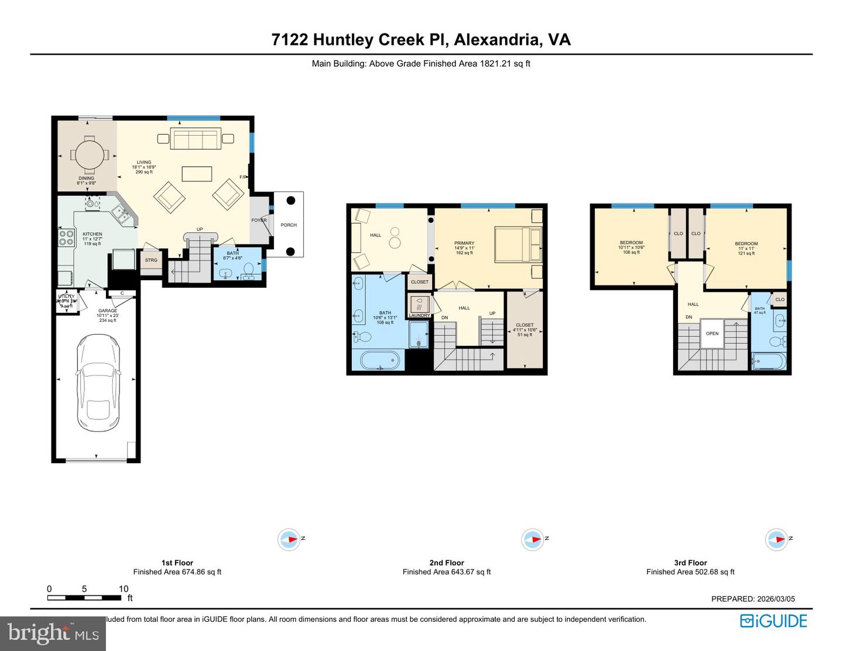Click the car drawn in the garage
(98, 383)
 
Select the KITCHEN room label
(92, 234)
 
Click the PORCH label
(289, 225)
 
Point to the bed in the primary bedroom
(518, 244)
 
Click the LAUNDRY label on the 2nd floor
(419, 315)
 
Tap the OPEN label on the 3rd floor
(712, 333)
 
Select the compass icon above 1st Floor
(289, 539)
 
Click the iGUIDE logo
(773, 621)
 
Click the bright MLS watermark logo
(53, 633)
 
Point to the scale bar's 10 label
(123, 589)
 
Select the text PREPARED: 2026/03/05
(753, 599)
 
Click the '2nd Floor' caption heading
(447, 563)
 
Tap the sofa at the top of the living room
(196, 139)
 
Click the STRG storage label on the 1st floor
(151, 260)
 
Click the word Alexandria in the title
(496, 40)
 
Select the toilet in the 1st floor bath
(249, 270)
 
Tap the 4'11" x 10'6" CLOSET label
(525, 329)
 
